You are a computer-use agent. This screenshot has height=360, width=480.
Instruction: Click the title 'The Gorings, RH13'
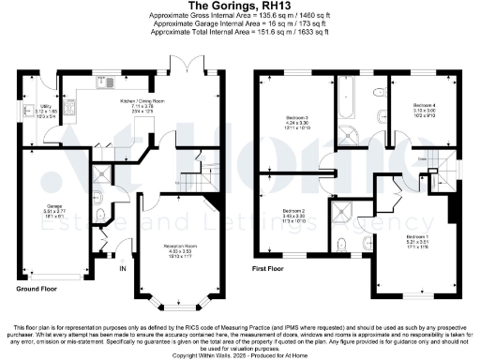point(240,6)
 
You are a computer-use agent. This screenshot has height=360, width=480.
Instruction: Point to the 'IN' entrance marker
point(122,269)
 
